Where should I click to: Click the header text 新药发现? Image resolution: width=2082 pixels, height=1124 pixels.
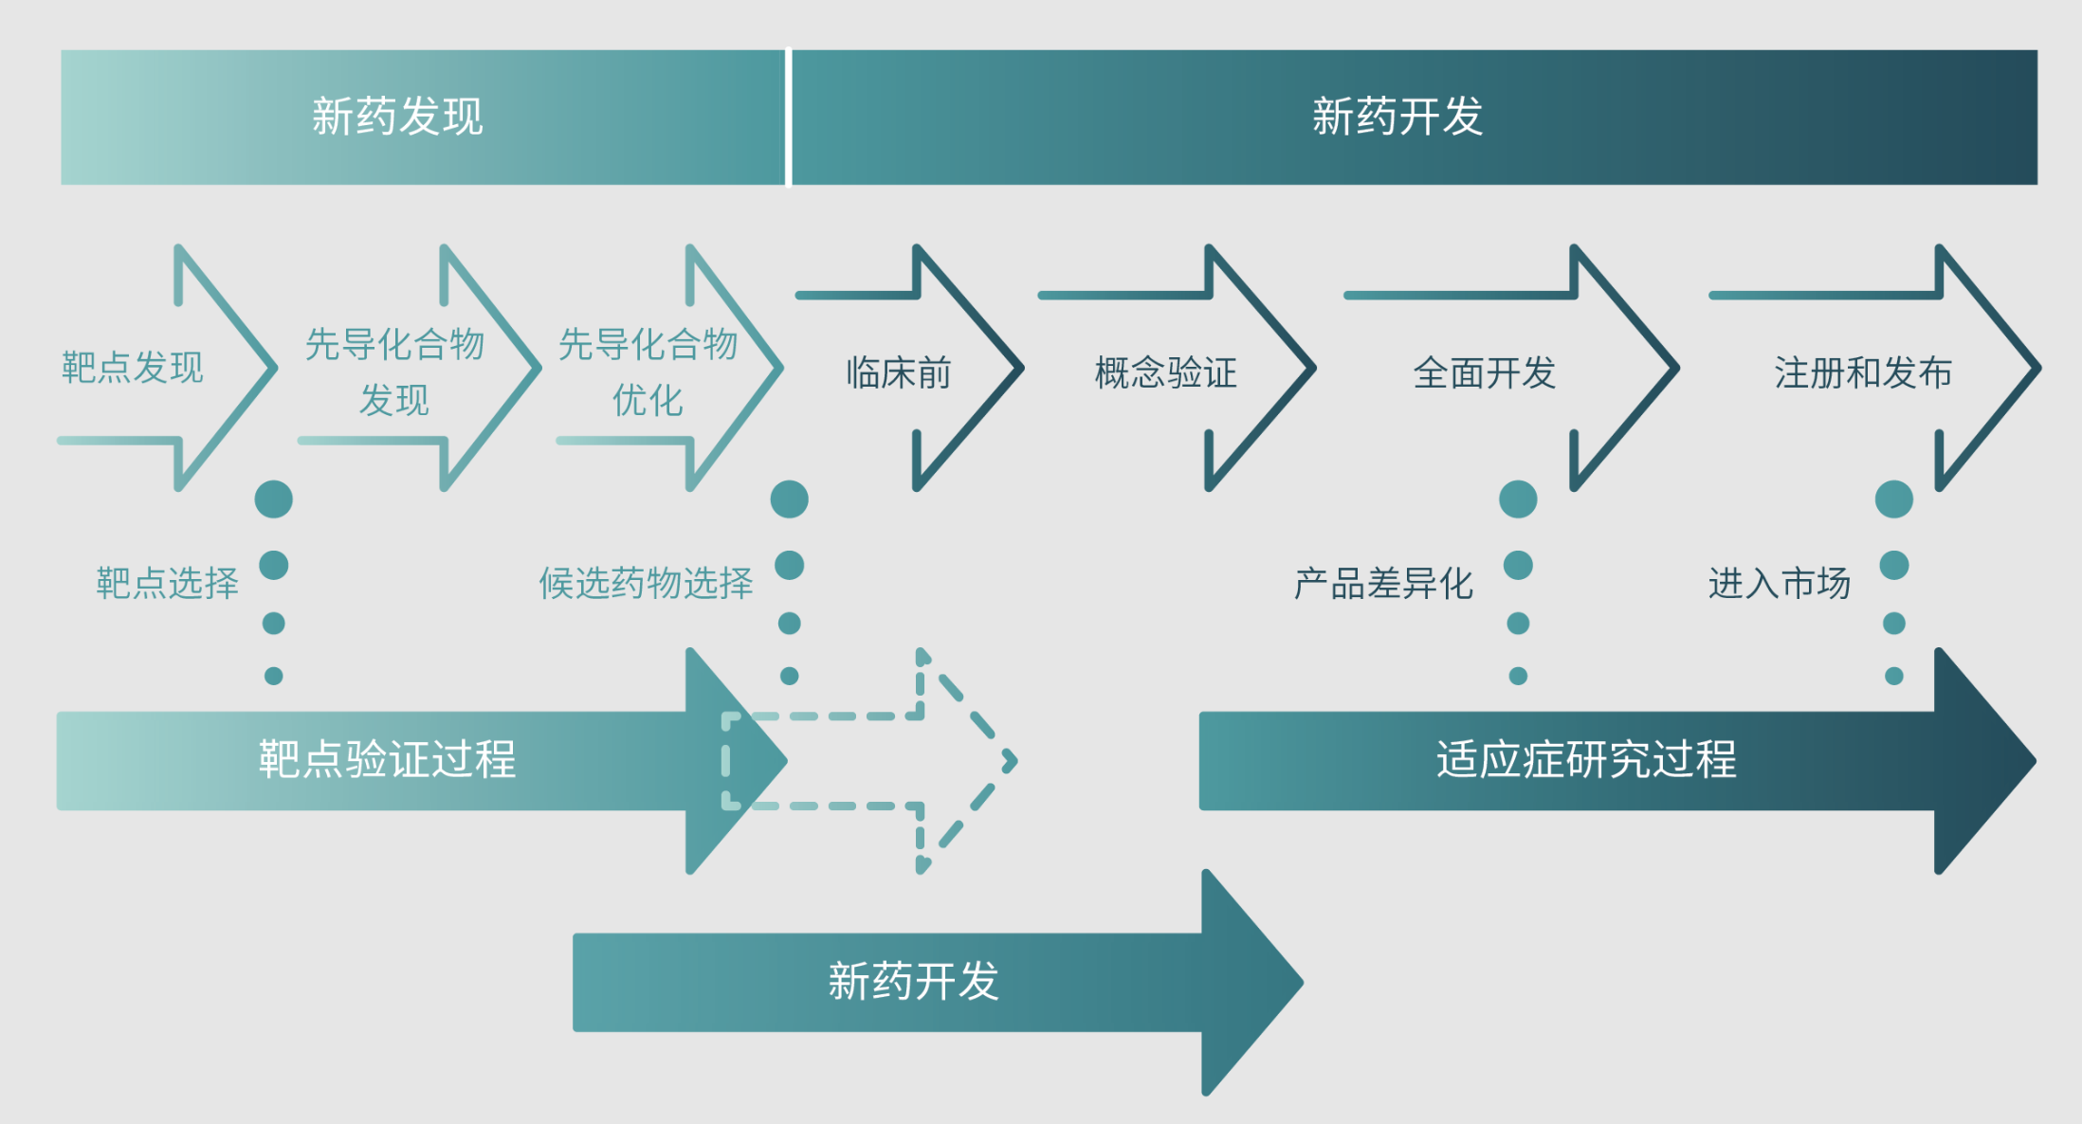pyautogui.click(x=397, y=117)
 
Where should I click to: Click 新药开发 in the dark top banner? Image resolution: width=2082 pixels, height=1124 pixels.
pyautogui.click(x=1397, y=117)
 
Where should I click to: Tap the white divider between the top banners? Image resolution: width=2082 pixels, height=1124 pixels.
pyautogui.click(x=789, y=118)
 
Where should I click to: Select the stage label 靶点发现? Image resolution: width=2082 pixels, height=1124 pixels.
pyautogui.click(x=133, y=368)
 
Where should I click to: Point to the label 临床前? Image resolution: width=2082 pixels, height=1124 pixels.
pyautogui.click(x=899, y=372)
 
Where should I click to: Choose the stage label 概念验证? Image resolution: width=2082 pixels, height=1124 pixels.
pyautogui.click(x=1166, y=372)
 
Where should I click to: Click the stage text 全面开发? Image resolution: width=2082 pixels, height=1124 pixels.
pyautogui.click(x=1485, y=372)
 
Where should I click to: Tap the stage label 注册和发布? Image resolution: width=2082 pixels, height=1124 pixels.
pyautogui.click(x=1863, y=372)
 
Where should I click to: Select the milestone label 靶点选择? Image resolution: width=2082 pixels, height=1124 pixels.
pyautogui.click(x=167, y=583)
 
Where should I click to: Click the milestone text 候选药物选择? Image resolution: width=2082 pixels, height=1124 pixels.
pyautogui.click(x=646, y=583)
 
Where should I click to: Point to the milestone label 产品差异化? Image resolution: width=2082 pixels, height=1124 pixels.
pyautogui.click(x=1383, y=583)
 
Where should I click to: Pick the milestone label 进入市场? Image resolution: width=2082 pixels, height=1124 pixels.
pyautogui.click(x=1780, y=583)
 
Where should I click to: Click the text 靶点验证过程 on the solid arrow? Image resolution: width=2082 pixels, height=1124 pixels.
pyautogui.click(x=387, y=759)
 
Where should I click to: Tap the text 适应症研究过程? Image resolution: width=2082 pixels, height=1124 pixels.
pyautogui.click(x=1586, y=759)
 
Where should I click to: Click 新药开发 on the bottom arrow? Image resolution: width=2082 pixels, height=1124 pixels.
pyautogui.click(x=913, y=981)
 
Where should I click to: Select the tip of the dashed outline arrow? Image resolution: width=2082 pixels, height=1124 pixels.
pyautogui.click(x=1015, y=761)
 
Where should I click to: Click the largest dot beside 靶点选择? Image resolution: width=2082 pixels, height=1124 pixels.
pyautogui.click(x=274, y=499)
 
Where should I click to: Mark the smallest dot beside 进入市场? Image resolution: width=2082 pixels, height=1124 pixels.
pyautogui.click(x=1894, y=676)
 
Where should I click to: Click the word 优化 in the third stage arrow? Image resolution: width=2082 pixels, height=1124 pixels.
pyautogui.click(x=648, y=400)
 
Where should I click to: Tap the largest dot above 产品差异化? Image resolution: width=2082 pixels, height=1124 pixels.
pyautogui.click(x=1518, y=499)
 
